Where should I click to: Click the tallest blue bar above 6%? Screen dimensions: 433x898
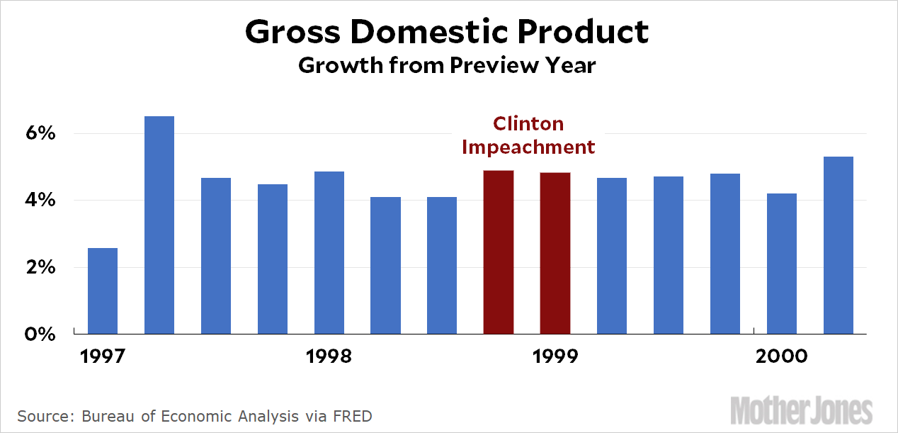(159, 225)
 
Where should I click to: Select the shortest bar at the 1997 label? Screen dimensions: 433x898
(103, 291)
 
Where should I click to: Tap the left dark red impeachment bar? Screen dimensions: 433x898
(499, 252)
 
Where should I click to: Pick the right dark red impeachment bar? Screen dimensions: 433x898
(555, 253)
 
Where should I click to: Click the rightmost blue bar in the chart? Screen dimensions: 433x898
(838, 244)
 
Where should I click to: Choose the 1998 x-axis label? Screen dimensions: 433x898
(329, 356)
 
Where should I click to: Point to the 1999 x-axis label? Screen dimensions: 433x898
(555, 356)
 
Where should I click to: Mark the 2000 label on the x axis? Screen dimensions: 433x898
(781, 356)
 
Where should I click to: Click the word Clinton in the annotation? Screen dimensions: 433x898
(528, 124)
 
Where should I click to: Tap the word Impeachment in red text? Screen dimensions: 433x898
(528, 147)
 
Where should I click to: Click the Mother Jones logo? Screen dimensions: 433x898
(801, 410)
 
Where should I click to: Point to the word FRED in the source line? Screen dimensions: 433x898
(353, 415)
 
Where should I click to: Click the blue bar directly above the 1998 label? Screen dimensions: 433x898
(329, 252)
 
